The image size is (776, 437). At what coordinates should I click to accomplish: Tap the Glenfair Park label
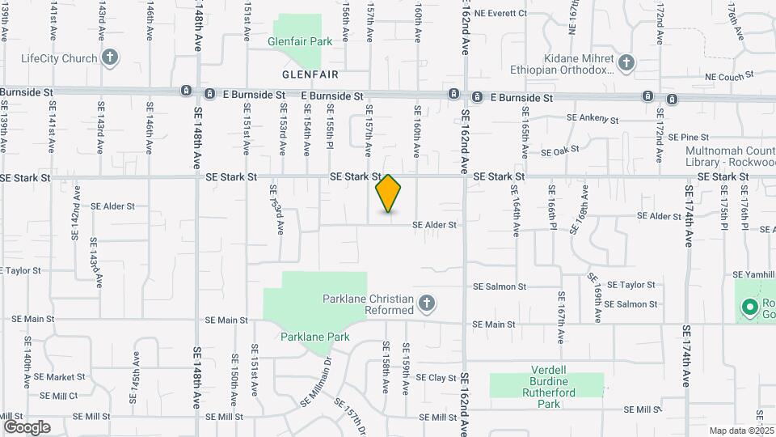coord(301,40)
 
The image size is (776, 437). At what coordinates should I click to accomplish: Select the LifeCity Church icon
coord(110,57)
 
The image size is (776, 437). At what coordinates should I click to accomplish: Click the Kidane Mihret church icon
coord(626,62)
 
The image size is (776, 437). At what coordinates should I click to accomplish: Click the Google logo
coord(27,426)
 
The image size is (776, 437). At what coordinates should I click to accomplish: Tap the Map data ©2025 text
coord(741,431)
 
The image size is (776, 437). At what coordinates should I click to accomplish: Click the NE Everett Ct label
coord(500,13)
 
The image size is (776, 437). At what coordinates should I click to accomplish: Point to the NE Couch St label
coord(728,74)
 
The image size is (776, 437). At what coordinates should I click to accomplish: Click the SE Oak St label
coord(559,151)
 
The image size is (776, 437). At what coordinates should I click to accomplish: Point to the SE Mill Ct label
coord(57,396)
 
